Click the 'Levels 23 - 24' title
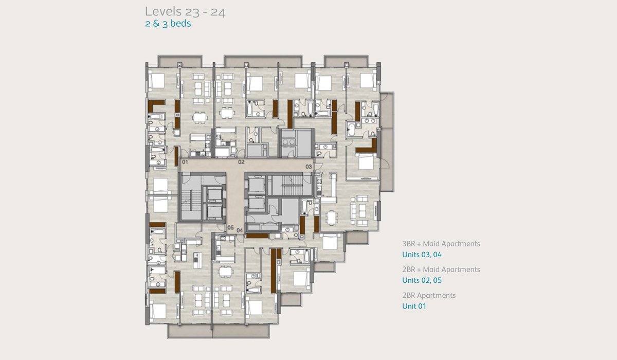pos(185,12)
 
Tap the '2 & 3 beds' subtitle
pos(168,24)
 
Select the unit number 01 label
pos(185,162)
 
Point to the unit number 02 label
pos(241,162)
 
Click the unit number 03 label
pos(308,167)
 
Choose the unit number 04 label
pos(240,230)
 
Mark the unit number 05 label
pos(230,228)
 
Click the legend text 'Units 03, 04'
pos(422,255)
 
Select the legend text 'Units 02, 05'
pos(422,280)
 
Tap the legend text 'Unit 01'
pos(414,307)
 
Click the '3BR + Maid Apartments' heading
pos(441,244)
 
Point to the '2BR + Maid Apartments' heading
pos(441,269)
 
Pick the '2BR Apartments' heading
pos(429,296)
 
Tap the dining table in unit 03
pos(331,218)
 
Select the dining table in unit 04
pos(225,272)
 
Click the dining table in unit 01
pos(199,118)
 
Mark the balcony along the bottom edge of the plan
pos(218,331)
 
